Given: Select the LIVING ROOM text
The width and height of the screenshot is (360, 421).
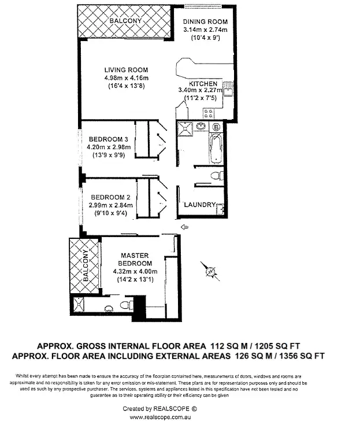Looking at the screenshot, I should [x=127, y=71].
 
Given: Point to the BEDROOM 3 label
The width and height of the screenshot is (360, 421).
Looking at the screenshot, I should [x=109, y=139].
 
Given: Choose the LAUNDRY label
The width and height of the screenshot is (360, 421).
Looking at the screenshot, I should [x=199, y=205].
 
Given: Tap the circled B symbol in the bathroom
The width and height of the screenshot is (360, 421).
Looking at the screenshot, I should [x=216, y=127].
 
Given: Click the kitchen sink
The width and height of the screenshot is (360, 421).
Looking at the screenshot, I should [x=228, y=90].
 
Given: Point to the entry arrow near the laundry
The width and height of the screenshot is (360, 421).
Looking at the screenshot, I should [x=184, y=226].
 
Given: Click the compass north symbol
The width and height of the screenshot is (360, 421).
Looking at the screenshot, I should [x=210, y=269].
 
